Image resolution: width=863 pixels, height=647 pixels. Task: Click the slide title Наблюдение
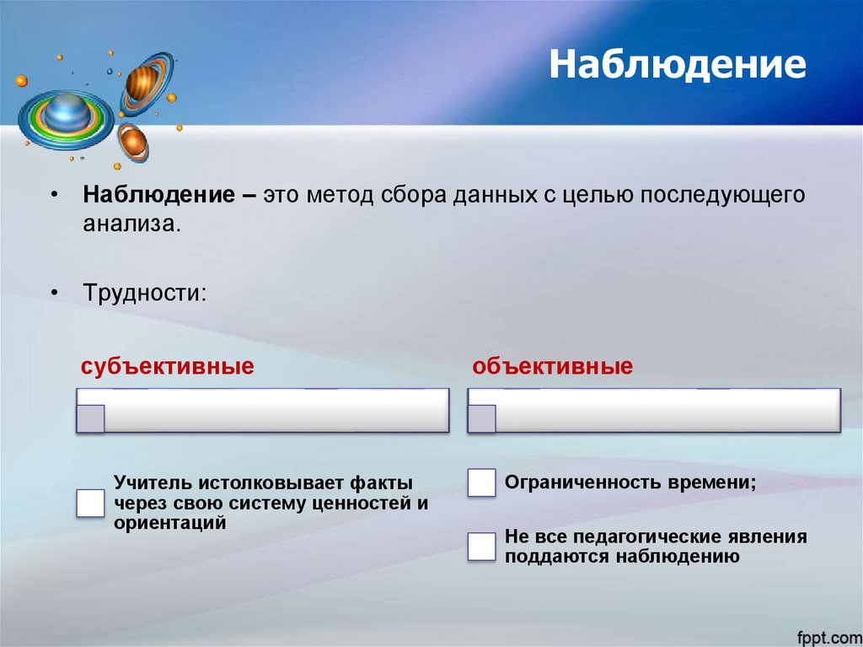[678, 65]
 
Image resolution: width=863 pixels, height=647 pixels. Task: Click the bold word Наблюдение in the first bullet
[158, 195]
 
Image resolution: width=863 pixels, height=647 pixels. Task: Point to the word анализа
[131, 224]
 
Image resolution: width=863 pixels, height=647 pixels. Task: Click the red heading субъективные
[168, 367]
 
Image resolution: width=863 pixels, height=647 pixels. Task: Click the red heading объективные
[553, 367]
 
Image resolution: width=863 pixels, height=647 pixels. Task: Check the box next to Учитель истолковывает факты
[90, 503]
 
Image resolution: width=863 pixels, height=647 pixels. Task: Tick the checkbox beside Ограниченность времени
[482, 483]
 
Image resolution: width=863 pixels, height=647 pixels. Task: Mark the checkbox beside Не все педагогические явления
[482, 547]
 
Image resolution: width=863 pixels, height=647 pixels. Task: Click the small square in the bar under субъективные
[90, 418]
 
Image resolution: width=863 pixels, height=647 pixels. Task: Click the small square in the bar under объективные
[482, 418]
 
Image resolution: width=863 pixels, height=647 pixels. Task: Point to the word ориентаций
[170, 523]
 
